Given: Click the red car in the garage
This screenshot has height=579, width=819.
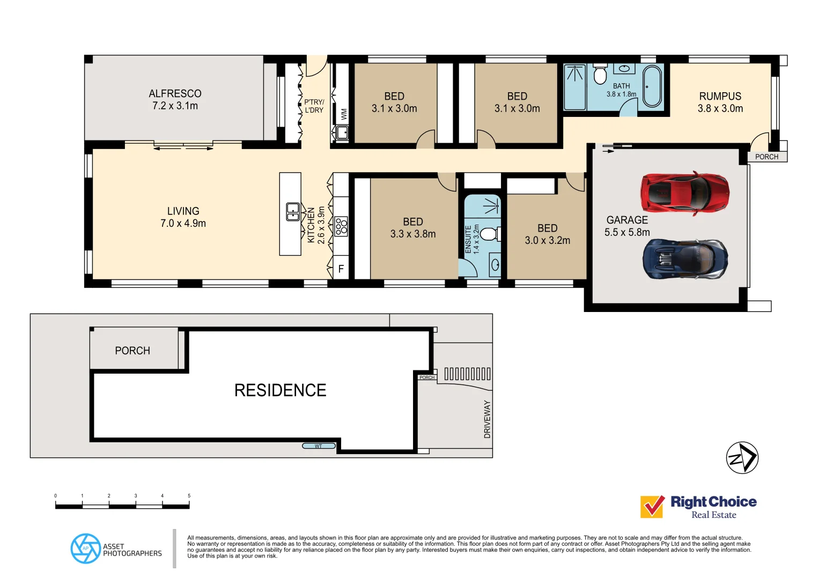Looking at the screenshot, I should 684,192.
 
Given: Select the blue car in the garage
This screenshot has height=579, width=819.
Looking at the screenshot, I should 685,259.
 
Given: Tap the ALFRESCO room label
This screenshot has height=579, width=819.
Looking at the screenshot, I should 175,94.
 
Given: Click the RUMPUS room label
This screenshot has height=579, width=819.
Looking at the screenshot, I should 720,96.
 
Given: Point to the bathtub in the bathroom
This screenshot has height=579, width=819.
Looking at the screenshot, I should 652,86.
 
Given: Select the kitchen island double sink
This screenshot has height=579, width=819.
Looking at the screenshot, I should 292,212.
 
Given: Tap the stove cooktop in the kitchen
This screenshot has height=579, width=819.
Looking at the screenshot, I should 341,226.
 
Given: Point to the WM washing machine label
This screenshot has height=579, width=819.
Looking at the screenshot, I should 344,114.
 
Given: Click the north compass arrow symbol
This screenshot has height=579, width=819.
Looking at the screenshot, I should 742,458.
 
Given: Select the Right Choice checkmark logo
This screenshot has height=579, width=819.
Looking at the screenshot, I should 652,506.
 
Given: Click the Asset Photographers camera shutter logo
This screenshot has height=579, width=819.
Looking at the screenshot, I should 86,548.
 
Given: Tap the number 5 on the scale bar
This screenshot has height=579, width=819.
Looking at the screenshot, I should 189,496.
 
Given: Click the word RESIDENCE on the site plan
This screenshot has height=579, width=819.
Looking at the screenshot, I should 280,390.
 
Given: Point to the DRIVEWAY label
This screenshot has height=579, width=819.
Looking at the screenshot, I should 487,419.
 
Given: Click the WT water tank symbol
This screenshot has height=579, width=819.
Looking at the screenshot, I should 319,446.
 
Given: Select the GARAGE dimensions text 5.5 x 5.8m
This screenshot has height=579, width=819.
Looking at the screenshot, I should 627,233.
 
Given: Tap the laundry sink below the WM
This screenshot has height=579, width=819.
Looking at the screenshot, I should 342,132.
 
